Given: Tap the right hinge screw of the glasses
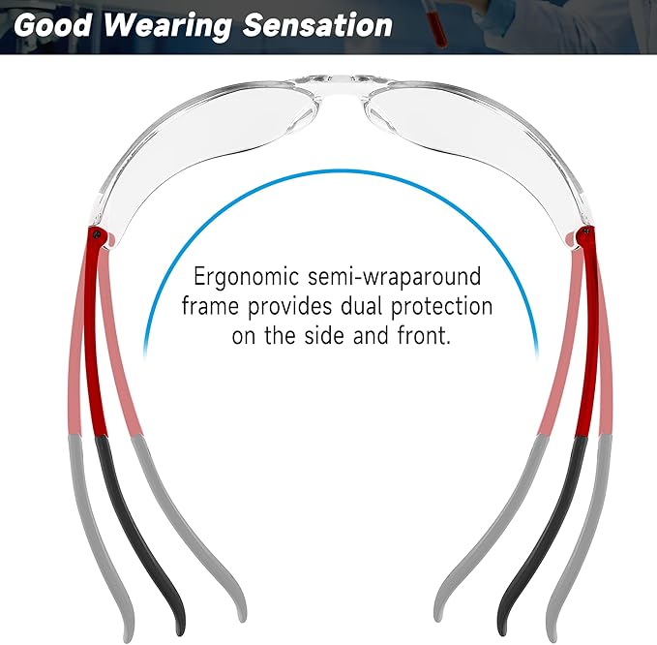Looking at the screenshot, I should click(x=581, y=231).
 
